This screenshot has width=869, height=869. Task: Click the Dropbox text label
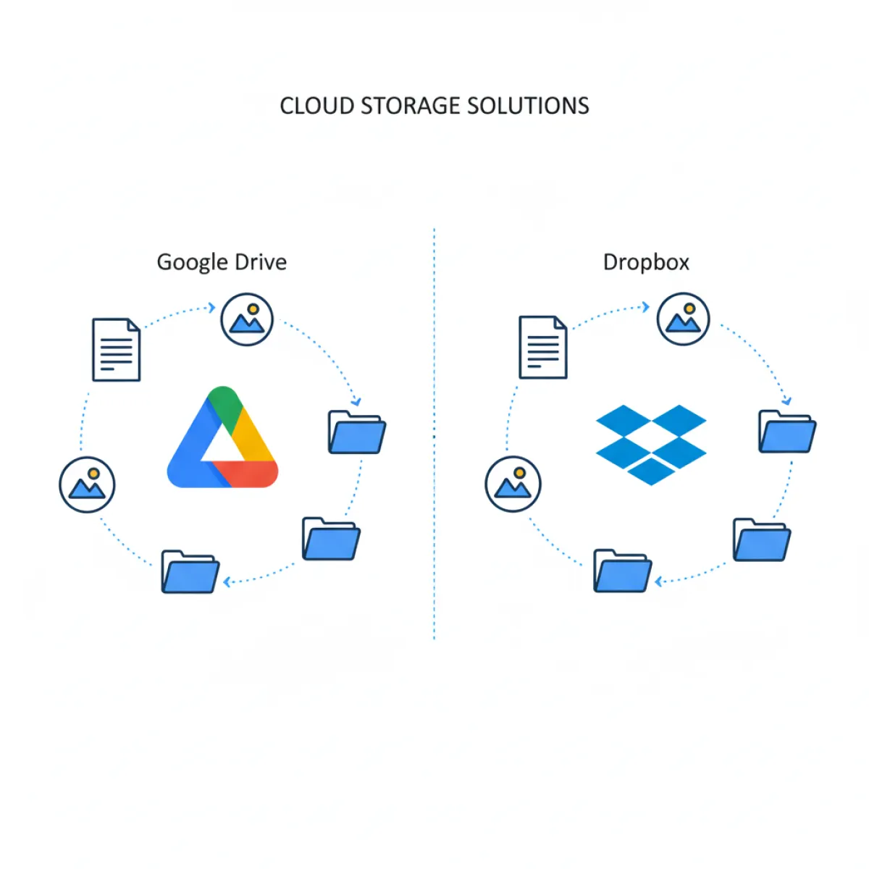click(646, 261)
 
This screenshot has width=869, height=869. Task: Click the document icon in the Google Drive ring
click(116, 349)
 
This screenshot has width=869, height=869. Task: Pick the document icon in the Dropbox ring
click(543, 348)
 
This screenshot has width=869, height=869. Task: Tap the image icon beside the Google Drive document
click(247, 319)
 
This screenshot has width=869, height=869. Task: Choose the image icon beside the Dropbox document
click(683, 319)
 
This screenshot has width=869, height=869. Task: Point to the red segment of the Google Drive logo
click(250, 474)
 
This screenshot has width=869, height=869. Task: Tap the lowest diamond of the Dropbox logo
click(650, 471)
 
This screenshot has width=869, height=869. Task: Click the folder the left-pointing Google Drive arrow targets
click(190, 572)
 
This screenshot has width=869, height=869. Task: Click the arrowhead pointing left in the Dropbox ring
click(659, 582)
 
